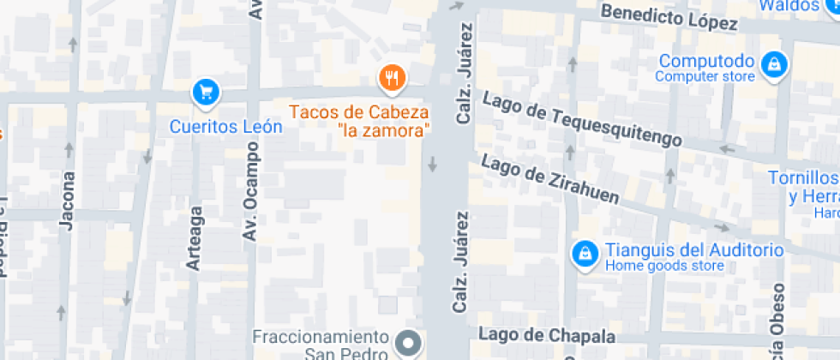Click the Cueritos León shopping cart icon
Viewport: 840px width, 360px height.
[206, 91]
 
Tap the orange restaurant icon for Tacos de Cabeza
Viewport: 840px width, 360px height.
[392, 79]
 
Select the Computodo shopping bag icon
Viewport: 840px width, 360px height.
[774, 63]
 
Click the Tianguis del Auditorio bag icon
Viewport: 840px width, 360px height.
[585, 254]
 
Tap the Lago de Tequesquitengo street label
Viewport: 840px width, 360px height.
[582, 118]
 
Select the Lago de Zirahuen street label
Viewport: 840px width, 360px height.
[549, 179]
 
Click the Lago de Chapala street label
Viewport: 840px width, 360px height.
[547, 334]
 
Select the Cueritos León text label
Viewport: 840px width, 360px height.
[225, 127]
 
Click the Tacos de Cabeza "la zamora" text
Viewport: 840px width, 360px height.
[360, 121]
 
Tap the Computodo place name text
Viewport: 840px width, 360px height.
[705, 62]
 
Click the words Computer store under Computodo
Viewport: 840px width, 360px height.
[705, 77]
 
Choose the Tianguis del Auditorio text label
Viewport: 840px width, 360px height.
[694, 250]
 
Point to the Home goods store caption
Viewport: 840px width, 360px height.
[664, 266]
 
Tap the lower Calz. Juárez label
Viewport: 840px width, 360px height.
[461, 261]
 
